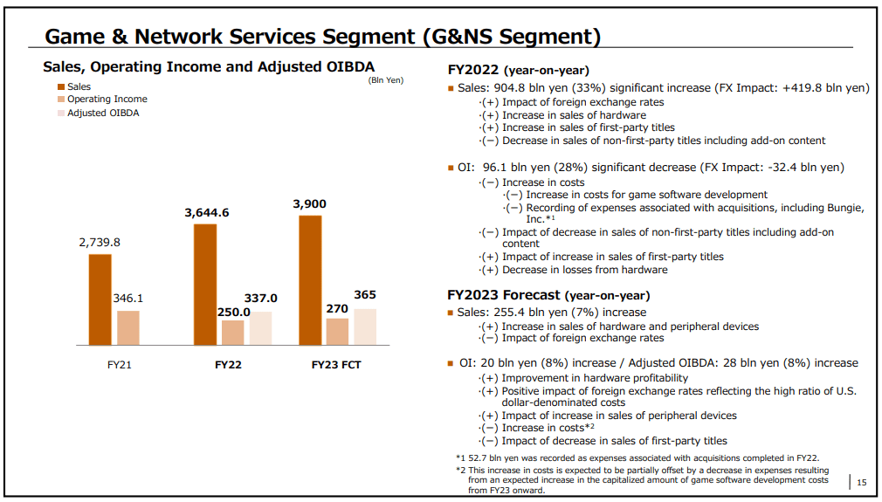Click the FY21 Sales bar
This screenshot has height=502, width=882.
(100, 299)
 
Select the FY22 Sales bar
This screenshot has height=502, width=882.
(205, 284)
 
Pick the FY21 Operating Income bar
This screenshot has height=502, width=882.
(128, 327)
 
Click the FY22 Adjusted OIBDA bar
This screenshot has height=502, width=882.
(260, 327)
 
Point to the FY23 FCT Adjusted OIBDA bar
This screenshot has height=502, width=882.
(365, 326)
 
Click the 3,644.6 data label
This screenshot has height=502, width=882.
(206, 212)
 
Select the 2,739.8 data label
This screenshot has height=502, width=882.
(100, 243)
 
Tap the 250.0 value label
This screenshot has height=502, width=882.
(234, 312)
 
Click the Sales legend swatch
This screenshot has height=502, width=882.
(61, 86)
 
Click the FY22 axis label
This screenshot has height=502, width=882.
(228, 364)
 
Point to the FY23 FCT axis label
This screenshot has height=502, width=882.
(336, 364)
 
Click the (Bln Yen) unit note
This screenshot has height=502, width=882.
(385, 80)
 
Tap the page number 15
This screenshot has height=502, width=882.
(861, 482)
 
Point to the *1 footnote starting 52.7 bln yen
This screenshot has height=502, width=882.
(637, 457)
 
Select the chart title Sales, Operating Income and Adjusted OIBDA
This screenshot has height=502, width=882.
(209, 66)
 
